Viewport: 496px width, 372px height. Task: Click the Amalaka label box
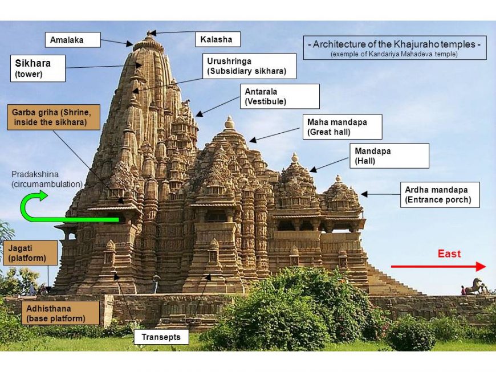pyautogui.click(x=72, y=40)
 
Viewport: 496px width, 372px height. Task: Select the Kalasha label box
pyautogui.click(x=217, y=39)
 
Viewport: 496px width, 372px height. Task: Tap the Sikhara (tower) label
pyautogui.click(x=38, y=68)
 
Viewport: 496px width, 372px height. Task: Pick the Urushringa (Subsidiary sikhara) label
pyautogui.click(x=249, y=66)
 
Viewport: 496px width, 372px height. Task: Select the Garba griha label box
pyautogui.click(x=54, y=117)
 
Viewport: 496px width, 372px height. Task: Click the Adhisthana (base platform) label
pyautogui.click(x=59, y=313)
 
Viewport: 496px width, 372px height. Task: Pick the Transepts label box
pyautogui.click(x=161, y=337)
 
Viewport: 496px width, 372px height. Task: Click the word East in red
pyautogui.click(x=449, y=254)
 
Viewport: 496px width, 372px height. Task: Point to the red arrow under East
pyautogui.click(x=438, y=267)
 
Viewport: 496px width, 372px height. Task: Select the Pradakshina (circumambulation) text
pyautogui.click(x=47, y=179)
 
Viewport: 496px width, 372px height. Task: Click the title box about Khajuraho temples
pyautogui.click(x=395, y=48)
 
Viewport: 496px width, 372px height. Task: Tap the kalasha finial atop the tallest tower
pyautogui.click(x=149, y=34)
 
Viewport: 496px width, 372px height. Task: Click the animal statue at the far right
pyautogui.click(x=475, y=286)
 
